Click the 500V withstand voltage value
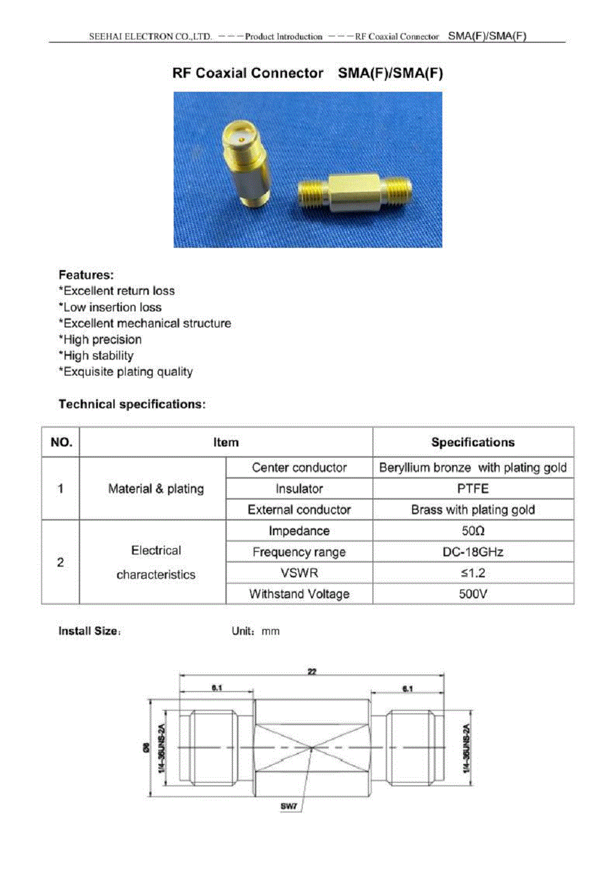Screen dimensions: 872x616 [472, 594]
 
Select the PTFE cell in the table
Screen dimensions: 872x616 [472, 488]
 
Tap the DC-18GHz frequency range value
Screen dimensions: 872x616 [472, 552]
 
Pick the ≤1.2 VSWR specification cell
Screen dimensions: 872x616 [472, 573]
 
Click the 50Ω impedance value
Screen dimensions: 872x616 [472, 531]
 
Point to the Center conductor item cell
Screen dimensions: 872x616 [299, 467]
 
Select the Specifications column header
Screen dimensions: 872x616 [472, 442]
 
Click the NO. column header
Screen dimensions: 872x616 [61, 442]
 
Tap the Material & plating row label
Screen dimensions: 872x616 [156, 488]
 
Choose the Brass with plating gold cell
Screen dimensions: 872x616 [472, 510]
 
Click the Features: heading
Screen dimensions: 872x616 [86, 275]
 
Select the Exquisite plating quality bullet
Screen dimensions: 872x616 [126, 372]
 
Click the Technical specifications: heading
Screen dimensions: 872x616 [132, 405]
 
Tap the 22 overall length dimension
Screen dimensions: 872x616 [312, 672]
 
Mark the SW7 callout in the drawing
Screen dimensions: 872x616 [289, 806]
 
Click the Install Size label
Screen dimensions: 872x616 [89, 631]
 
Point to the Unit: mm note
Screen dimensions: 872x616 [255, 631]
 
